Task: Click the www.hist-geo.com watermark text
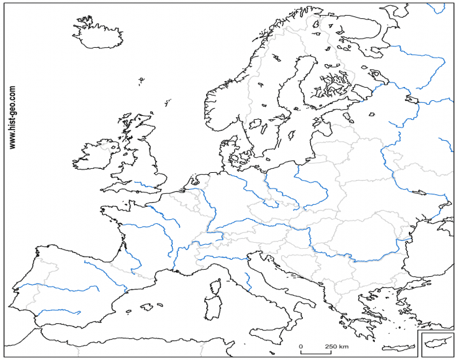click(x=13, y=118)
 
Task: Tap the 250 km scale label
click(x=336, y=346)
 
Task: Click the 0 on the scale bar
click(x=301, y=346)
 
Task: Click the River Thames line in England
click(x=147, y=186)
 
